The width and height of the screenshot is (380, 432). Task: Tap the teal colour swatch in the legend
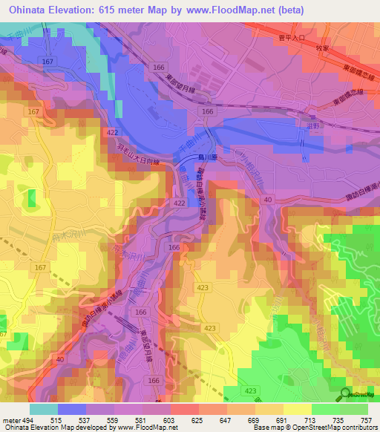tap(44, 409)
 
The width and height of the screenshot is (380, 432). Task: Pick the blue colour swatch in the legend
tap(72, 409)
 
